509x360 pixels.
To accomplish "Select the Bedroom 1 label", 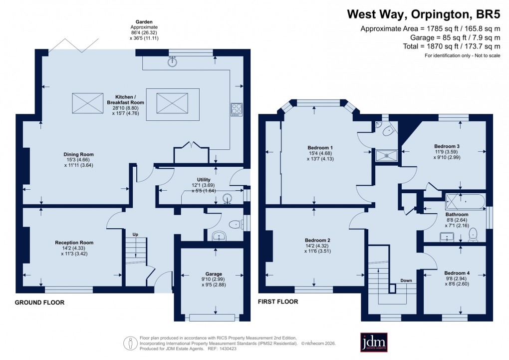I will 320,148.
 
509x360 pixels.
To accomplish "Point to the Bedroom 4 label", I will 457,273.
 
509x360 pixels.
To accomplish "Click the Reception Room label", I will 74,243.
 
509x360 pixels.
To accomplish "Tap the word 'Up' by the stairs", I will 135,234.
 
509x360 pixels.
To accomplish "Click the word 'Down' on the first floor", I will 406,281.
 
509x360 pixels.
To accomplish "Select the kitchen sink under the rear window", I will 173,62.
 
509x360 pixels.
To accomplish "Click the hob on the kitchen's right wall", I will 235,109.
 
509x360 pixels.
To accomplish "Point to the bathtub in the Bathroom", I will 465,202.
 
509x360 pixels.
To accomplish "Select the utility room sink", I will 229,198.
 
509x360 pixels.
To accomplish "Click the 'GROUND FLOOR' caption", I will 39,303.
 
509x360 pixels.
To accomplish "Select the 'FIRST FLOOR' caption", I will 278,302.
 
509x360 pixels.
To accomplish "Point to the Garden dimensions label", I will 144,30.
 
